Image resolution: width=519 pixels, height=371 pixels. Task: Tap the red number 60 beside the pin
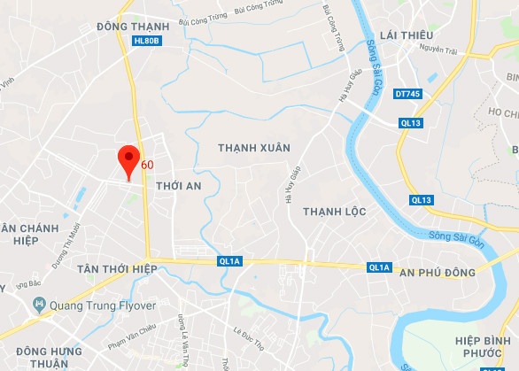pyautogui.click(x=147, y=165)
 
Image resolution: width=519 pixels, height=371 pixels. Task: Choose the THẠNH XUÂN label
pyautogui.click(x=254, y=146)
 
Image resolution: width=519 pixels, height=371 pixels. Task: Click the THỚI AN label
pyautogui.click(x=178, y=187)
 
